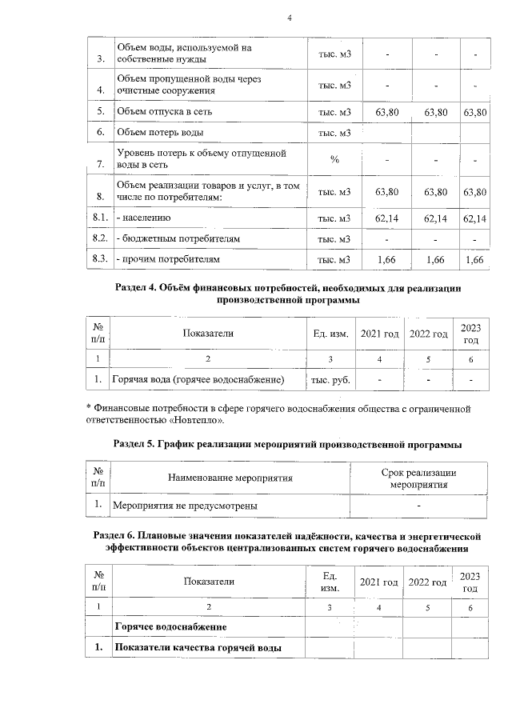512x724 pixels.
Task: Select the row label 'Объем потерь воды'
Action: tap(160, 132)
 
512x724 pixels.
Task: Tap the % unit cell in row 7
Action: tap(334, 159)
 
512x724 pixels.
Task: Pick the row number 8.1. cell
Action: tap(100, 218)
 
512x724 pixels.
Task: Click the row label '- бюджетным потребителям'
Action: tap(178, 238)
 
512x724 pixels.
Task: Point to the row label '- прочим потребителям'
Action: tap(167, 259)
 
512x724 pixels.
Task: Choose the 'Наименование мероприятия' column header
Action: tap(229, 478)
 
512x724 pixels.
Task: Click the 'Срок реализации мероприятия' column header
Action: tap(418, 478)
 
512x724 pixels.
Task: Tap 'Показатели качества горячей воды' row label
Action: tap(197, 647)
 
